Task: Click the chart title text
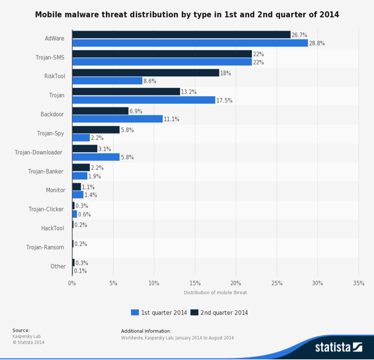(187, 14)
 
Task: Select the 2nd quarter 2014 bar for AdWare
(181, 35)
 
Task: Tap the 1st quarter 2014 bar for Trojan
(143, 100)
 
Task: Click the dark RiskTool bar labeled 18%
(145, 73)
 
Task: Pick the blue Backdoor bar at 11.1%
(117, 119)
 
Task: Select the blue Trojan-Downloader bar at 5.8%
(95, 157)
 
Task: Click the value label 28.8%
(317, 44)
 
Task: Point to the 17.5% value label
(224, 100)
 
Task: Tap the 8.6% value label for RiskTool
(150, 81)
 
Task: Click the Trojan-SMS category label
(50, 57)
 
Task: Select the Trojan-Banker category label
(46, 172)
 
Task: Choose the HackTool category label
(53, 228)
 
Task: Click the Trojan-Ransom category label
(46, 248)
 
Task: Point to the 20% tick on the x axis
(236, 283)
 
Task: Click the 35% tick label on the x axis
(358, 283)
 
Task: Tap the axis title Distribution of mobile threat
(215, 293)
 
